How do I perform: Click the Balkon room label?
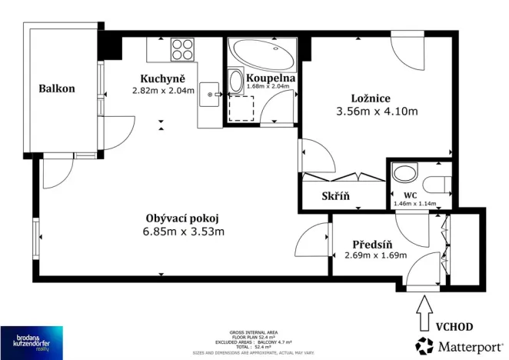pyautogui.click(x=57, y=88)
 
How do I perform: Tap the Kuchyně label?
pyautogui.click(x=163, y=78)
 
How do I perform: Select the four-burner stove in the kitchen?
pyautogui.click(x=183, y=49)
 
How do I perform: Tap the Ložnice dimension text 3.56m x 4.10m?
pyautogui.click(x=376, y=111)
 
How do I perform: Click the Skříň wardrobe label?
pyautogui.click(x=335, y=195)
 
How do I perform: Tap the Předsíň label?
pyautogui.click(x=375, y=242)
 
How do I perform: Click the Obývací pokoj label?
pyautogui.click(x=182, y=217)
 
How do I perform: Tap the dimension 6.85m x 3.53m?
pyautogui.click(x=183, y=231)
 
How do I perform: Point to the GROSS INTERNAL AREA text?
pyautogui.click(x=252, y=332)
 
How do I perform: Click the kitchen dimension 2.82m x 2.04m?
pyautogui.click(x=163, y=90)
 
